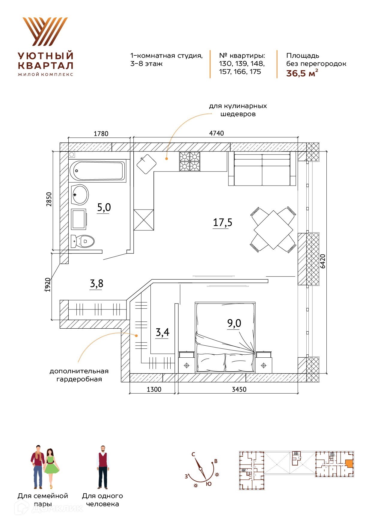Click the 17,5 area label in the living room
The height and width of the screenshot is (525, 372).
222,222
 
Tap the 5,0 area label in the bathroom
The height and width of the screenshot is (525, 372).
104,207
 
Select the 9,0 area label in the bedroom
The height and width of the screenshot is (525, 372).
234,323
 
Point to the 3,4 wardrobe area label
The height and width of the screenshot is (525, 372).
162,332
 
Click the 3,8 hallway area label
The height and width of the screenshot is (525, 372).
97,283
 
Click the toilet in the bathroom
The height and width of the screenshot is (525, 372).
83,241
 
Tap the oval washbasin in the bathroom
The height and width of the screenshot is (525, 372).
80,195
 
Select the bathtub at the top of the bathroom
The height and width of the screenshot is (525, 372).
97,171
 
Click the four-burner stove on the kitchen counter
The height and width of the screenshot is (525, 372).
190,161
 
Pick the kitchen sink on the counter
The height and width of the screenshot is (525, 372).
147,164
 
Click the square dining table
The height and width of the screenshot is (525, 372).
273,230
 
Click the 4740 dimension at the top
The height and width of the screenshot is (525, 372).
216,133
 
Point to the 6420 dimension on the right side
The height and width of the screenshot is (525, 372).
323,261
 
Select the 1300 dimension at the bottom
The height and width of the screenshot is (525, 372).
154,389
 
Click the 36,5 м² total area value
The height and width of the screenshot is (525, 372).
302,73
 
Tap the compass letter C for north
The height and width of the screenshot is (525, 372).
193,454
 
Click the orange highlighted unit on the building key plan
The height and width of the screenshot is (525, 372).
349,464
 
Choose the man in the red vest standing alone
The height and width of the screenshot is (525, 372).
103,467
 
